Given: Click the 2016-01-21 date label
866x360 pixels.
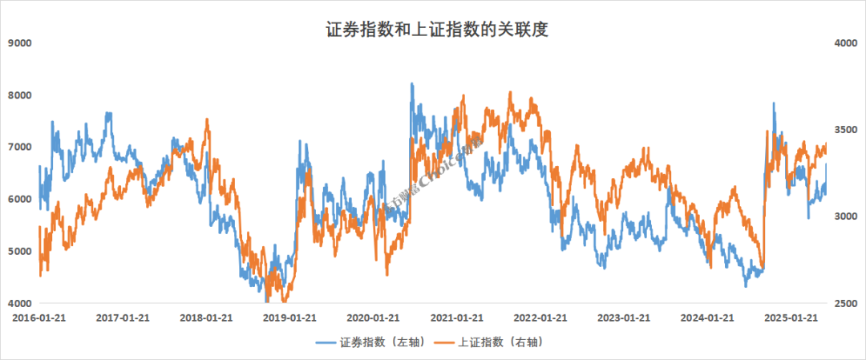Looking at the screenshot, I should point(38,318).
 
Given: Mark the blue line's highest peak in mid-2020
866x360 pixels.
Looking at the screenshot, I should point(411,83).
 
